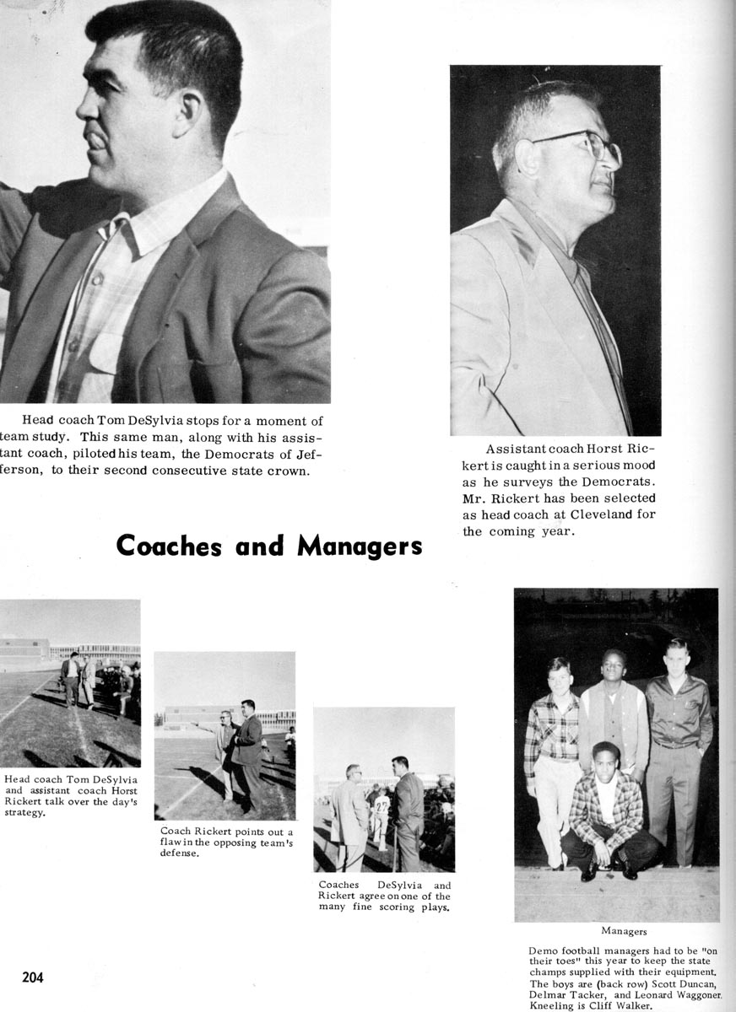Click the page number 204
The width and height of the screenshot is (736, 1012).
[33, 977]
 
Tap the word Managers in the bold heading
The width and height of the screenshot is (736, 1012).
[360, 546]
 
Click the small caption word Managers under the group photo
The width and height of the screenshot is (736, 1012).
[624, 931]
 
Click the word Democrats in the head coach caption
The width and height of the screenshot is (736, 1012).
[223, 454]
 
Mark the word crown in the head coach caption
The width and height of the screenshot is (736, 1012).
[290, 471]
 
